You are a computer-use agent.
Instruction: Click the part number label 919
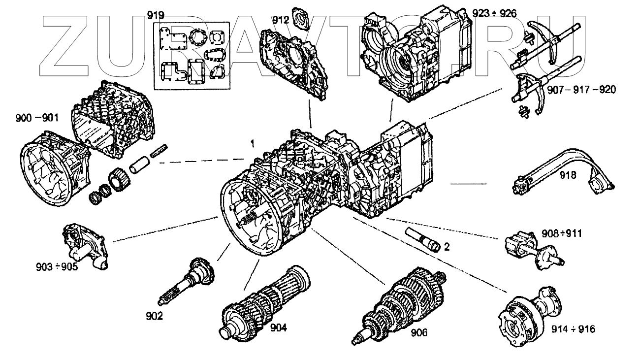156,15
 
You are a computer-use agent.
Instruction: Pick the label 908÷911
561,233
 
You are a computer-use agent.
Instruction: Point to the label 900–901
37,118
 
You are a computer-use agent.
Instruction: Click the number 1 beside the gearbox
252,144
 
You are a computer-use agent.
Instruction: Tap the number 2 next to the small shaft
446,247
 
